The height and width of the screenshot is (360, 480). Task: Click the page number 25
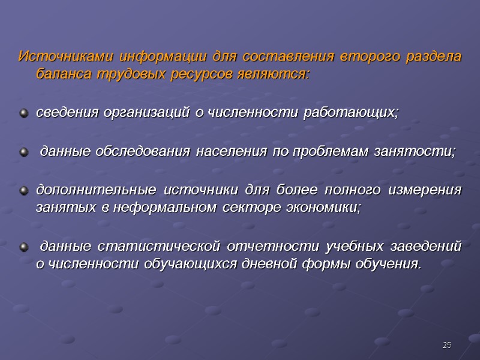coord(446,345)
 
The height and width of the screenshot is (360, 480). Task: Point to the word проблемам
coord(322,151)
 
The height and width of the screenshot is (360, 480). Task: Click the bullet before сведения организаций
coord(23,113)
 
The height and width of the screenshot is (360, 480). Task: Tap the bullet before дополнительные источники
coord(23,191)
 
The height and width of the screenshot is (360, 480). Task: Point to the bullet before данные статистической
coord(23,247)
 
